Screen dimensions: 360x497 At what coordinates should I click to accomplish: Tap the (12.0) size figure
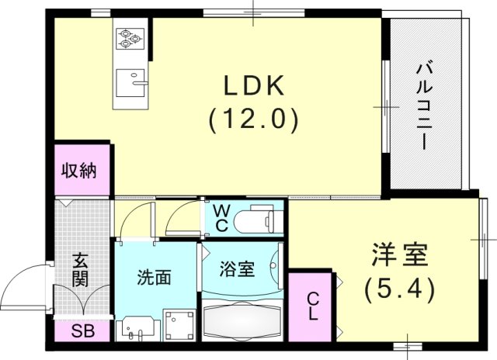click(x=252, y=119)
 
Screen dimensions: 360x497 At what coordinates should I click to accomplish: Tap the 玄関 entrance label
click(x=81, y=268)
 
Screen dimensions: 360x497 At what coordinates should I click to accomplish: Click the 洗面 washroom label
click(x=155, y=277)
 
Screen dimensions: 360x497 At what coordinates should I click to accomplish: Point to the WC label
click(x=220, y=218)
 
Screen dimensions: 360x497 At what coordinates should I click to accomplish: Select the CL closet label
click(x=311, y=306)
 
